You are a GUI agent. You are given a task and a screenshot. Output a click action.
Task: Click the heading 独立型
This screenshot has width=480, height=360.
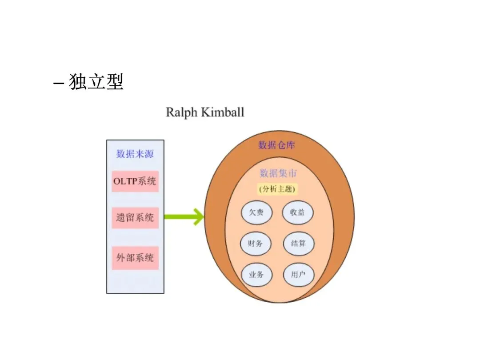coord(96,82)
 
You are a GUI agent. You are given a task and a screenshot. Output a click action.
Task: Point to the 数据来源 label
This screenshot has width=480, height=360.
coord(135,154)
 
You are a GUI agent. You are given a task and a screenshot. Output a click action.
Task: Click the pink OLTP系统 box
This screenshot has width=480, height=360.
coord(135,181)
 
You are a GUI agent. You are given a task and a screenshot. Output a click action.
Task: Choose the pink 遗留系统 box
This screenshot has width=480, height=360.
coord(135,218)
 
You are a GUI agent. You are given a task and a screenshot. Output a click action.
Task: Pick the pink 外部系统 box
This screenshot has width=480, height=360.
coord(135,258)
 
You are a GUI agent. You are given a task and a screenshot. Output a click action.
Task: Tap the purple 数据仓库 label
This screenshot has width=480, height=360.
coord(276,145)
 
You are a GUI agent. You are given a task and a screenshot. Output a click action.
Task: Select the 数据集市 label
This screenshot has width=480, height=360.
coord(278,173)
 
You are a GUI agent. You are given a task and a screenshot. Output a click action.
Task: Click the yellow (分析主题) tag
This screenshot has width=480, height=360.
coord(278,189)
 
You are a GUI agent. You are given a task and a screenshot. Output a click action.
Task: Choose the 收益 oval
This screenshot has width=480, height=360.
coord(297,212)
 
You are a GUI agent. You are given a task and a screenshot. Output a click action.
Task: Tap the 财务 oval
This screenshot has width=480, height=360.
coord(256,244)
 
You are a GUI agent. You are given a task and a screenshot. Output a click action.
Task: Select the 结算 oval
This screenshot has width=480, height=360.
coord(298,244)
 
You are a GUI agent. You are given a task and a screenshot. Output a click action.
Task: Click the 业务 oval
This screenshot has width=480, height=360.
coord(256,275)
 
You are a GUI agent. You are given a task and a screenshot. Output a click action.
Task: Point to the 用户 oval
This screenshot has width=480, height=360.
coord(298,275)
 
